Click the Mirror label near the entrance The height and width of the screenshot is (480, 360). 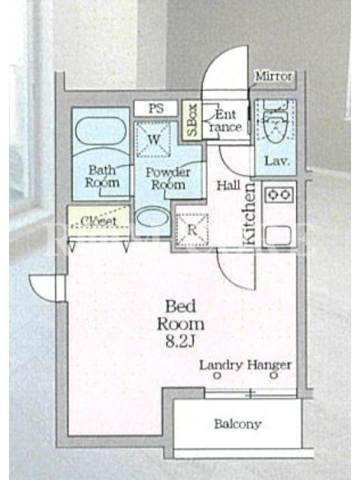point(274,76)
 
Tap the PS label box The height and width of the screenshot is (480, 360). point(156,109)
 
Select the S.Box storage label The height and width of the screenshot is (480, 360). point(191,120)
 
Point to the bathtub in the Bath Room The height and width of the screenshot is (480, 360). point(100,131)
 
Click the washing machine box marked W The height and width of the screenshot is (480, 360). point(154,139)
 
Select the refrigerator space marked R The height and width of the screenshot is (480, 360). point(192,229)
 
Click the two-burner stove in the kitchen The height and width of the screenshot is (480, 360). point(278,194)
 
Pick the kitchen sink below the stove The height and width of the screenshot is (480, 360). point(278,236)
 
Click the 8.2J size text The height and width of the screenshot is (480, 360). point(180,341)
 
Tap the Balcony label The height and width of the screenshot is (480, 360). point(238,424)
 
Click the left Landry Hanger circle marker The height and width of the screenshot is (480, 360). point(217,376)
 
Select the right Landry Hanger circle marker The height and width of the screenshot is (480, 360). point(274,376)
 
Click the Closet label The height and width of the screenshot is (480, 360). point(98,221)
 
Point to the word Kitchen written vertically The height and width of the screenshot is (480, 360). point(250,214)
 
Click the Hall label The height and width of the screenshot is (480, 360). point(229,185)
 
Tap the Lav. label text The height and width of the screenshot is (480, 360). point(277,161)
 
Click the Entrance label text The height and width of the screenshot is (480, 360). point(226,121)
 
